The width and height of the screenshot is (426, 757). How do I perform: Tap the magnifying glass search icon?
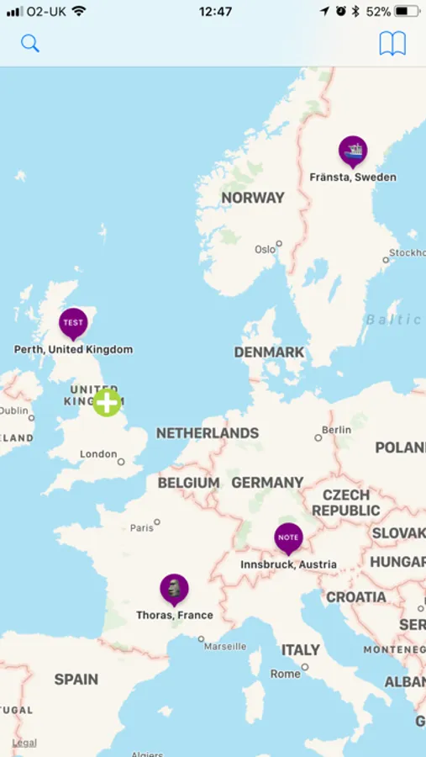30,44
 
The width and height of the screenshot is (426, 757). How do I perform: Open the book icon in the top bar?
392,44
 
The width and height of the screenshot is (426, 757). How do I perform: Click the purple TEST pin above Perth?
73,323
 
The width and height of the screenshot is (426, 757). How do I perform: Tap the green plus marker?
107,402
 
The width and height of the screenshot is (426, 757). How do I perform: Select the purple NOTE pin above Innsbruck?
288,537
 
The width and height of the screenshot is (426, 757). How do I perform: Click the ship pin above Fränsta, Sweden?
353,151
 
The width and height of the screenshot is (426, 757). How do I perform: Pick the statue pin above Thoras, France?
174,589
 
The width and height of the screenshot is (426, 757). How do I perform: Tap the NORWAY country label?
253,198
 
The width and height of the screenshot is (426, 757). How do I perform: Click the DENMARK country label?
269,352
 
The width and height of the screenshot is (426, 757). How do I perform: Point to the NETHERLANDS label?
208,433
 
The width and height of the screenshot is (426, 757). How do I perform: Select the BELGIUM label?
188,483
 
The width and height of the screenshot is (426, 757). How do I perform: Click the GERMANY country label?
267,483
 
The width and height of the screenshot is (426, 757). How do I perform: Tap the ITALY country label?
300,650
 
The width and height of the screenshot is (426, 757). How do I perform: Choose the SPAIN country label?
76,679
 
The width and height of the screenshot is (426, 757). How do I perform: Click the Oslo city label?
266,249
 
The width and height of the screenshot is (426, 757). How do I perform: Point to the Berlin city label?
336,430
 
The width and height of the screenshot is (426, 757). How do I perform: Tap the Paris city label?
142,528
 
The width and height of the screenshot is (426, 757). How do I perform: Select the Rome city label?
286,674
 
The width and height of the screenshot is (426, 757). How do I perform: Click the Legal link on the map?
24,743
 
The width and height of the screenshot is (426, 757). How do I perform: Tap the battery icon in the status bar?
407,12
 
